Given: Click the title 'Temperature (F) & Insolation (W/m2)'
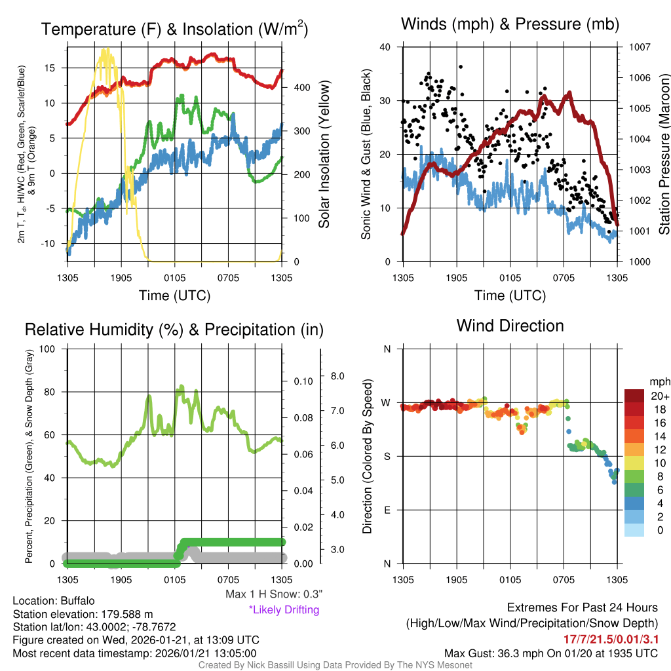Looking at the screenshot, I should click(174, 29).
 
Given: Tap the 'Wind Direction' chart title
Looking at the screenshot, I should click(510, 326).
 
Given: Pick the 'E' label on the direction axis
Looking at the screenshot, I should click(387, 510).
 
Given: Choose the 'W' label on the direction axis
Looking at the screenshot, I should click(387, 402).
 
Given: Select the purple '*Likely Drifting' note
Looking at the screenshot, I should click(284, 610).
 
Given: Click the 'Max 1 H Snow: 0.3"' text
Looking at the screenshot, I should click(274, 594).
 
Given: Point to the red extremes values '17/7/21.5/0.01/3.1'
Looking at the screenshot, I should click(611, 638).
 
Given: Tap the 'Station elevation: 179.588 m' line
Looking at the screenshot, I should click(83, 614).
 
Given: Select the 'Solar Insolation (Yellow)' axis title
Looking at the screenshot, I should click(324, 155).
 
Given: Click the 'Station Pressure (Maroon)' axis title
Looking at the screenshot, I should click(663, 155).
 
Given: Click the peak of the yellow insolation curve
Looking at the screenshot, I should click(105, 50).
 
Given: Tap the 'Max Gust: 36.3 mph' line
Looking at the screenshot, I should click(550, 653).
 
